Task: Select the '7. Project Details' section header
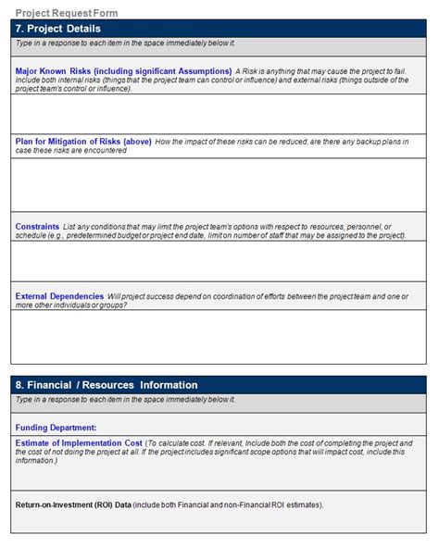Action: click(x=58, y=29)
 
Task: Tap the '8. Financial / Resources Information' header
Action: click(x=107, y=384)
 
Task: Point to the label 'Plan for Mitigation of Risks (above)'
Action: click(x=83, y=142)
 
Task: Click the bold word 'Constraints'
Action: click(x=37, y=227)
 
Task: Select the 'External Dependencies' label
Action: click(x=59, y=296)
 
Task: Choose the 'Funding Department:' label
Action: click(x=56, y=428)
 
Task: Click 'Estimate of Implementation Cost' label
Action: click(x=79, y=443)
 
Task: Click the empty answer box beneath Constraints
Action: click(x=219, y=261)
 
